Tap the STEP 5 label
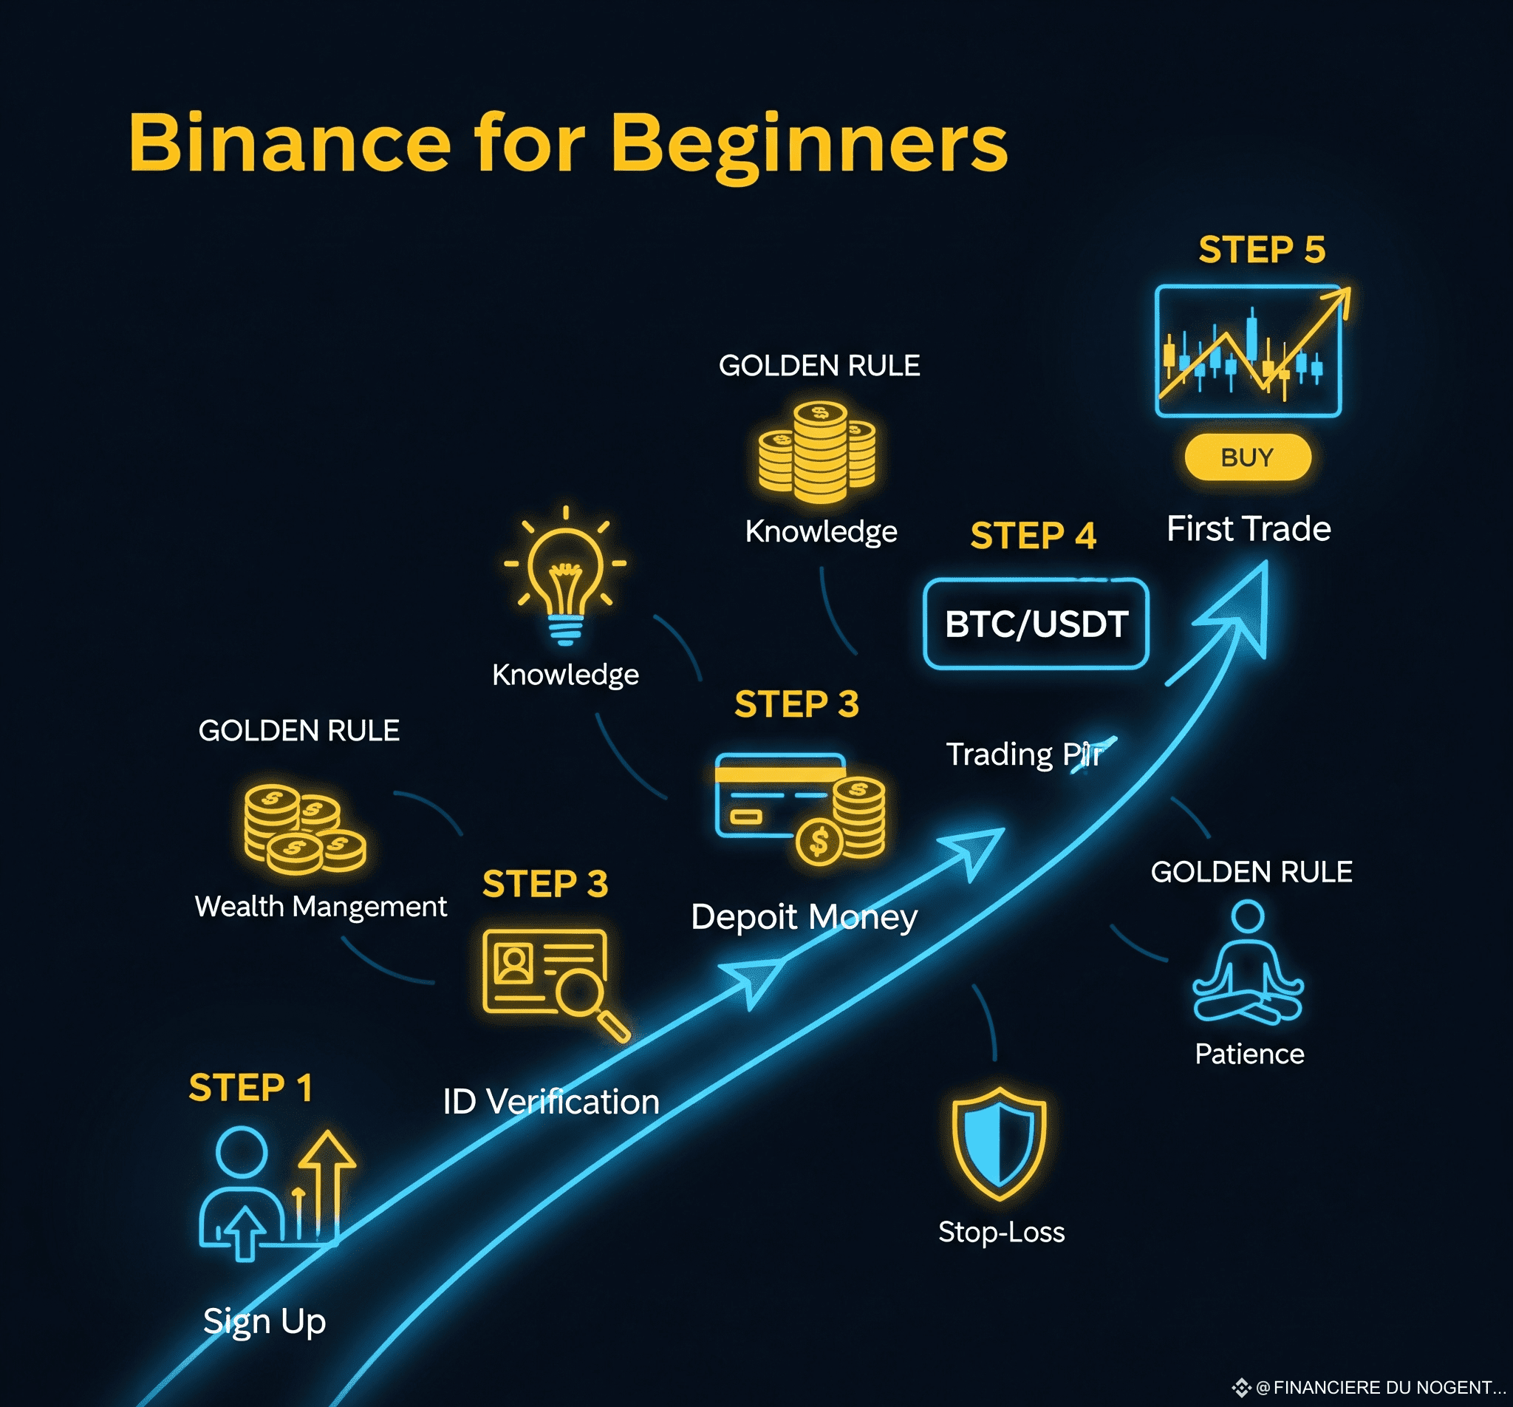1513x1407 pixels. [x=1262, y=250]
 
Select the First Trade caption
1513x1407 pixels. [x=1249, y=528]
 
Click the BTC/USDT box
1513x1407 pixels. [x=1036, y=624]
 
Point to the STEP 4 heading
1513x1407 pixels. [x=1033, y=535]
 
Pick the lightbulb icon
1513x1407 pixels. [x=565, y=575]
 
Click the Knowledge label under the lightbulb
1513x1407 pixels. [x=565, y=675]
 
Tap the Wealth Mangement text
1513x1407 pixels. [x=321, y=907]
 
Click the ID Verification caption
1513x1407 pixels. [x=551, y=1102]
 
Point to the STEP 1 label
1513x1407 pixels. [x=250, y=1087]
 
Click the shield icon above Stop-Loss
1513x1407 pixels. [x=1000, y=1145]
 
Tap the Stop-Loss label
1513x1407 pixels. [x=1002, y=1232]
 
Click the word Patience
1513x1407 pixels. [x=1250, y=1054]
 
